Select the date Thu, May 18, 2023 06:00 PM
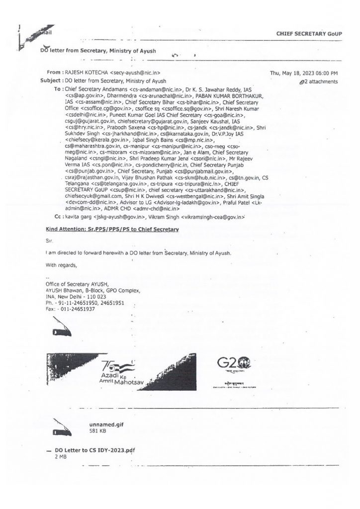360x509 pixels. tap(304, 73)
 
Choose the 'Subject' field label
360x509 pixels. tap(51, 81)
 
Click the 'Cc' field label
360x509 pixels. tap(58, 217)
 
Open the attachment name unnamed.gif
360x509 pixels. tap(103, 426)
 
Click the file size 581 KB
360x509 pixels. tap(97, 432)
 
